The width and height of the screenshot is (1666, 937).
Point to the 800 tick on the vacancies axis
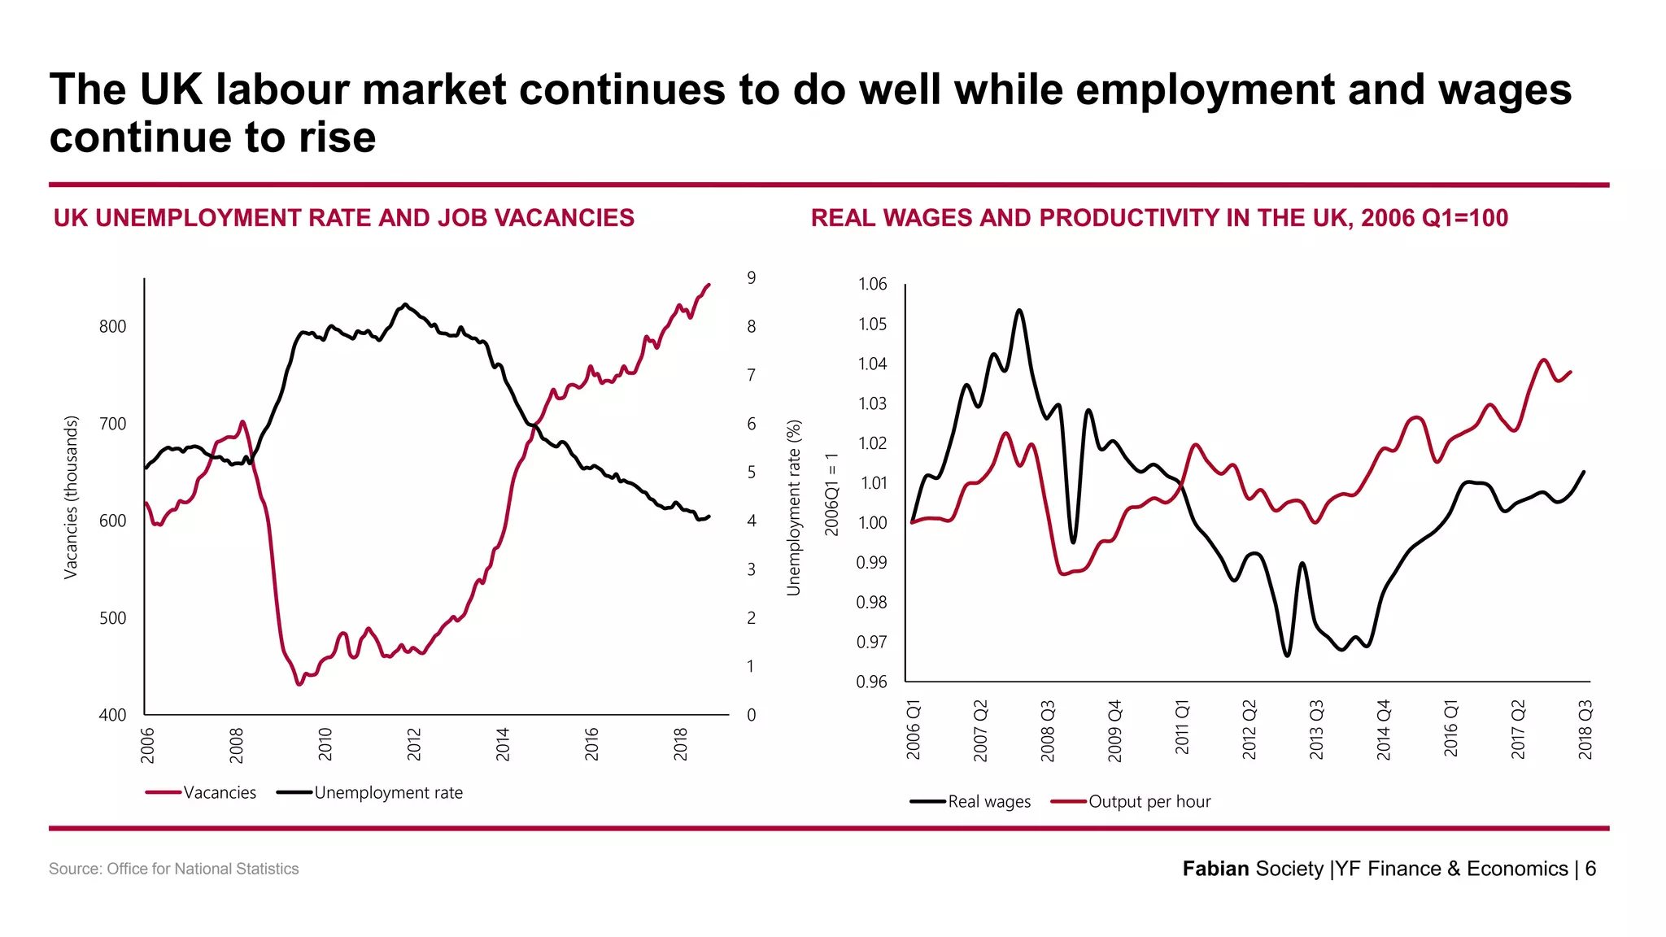(112, 326)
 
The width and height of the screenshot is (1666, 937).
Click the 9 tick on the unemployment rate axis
(751, 278)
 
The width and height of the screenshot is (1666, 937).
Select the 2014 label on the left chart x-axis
(503, 744)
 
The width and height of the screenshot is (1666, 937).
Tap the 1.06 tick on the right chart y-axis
(872, 284)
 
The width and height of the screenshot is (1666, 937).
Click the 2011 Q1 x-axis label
(1182, 727)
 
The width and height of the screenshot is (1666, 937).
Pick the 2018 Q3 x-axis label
(1585, 729)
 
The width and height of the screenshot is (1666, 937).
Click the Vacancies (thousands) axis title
(71, 497)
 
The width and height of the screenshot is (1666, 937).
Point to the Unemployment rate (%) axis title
(794, 508)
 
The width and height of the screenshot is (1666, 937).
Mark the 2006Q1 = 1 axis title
(831, 495)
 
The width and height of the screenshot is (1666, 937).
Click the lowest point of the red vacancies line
(299, 684)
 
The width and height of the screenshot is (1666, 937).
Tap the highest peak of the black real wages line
(1019, 310)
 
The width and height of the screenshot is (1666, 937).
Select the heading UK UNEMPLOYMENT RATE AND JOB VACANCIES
(343, 218)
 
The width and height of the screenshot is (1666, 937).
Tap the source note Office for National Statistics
(203, 869)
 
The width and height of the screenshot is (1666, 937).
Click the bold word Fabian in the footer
(1215, 869)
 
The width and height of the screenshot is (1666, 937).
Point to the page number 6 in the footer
(1590, 869)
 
